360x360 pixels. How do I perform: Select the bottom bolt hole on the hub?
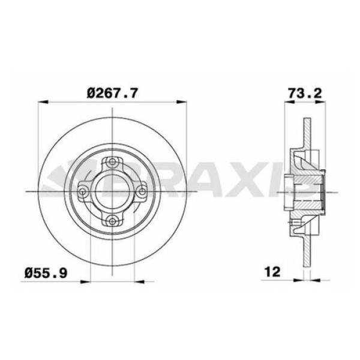113,219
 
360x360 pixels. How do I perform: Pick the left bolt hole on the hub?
84,190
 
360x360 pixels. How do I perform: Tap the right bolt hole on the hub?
142,190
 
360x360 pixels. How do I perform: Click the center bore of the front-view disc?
113,190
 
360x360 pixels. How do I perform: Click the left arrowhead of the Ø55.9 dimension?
93,280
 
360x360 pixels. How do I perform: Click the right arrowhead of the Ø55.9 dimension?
133,280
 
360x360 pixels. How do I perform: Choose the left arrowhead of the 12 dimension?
300,280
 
